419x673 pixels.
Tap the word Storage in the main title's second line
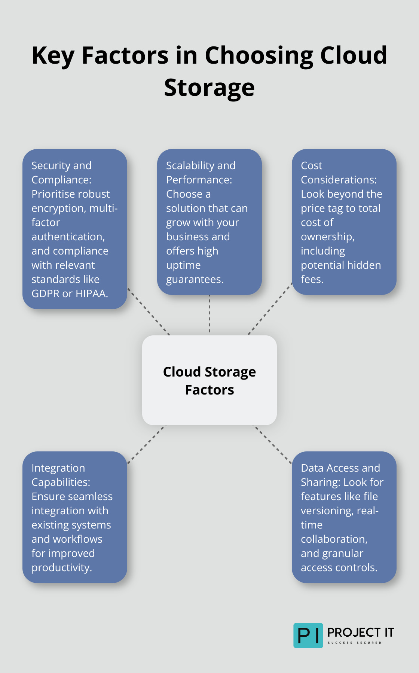209,88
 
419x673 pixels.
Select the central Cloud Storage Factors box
209,380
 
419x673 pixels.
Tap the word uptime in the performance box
183,265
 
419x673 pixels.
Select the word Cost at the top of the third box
311,166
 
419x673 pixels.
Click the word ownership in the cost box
327,237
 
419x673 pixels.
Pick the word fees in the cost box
312,280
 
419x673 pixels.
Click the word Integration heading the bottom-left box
58,468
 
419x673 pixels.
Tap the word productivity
61,568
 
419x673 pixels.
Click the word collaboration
333,539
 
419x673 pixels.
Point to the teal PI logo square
308,635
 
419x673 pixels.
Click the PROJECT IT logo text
360,633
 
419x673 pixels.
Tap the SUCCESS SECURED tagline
354,643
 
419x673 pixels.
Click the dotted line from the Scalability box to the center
209,314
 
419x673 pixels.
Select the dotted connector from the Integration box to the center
146,444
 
